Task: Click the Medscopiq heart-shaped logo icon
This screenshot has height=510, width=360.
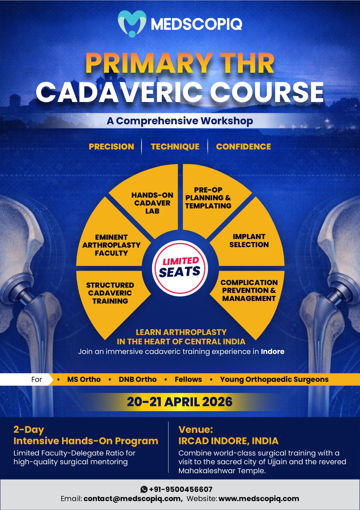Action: coord(132,24)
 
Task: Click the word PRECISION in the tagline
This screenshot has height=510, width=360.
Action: coord(111,147)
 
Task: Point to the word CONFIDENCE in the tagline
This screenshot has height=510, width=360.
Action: coord(243,147)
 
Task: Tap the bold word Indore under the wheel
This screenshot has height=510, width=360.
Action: coord(272,352)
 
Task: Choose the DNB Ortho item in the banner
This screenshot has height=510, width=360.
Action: coord(137,379)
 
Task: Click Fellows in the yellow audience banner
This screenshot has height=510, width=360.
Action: coord(188,379)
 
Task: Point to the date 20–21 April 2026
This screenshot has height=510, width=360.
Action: coord(180,402)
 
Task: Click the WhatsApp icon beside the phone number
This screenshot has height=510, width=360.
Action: coord(144,489)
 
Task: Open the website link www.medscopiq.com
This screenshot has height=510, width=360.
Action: coord(259,499)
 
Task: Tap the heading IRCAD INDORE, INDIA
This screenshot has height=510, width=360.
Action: coord(228,441)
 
